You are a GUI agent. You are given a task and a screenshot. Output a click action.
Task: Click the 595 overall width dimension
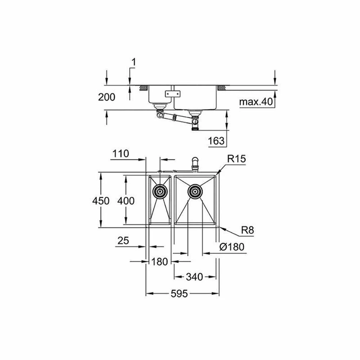click(179, 293)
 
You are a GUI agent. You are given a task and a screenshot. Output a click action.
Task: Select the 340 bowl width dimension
click(194, 277)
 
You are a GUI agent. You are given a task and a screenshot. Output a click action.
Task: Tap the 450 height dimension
click(100, 201)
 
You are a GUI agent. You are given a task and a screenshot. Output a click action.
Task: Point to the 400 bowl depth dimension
click(126, 201)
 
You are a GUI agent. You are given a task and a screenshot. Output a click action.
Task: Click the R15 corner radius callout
click(237, 159)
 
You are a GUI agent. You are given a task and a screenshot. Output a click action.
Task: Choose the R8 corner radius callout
click(248, 230)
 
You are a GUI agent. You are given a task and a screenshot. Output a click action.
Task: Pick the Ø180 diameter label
click(231, 247)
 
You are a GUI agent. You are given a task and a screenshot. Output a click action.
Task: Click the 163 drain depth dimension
click(216, 141)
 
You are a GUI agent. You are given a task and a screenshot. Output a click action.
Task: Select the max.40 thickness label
click(256, 102)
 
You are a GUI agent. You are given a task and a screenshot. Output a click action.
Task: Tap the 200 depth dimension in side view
click(107, 97)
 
